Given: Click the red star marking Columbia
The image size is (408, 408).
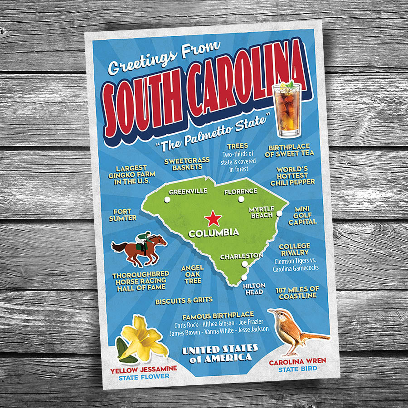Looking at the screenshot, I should [x=213, y=219].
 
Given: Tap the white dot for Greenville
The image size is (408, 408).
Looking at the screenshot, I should [x=167, y=199].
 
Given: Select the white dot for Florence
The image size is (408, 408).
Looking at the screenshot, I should [x=241, y=199].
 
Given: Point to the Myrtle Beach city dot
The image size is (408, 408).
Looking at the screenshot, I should [x=279, y=213].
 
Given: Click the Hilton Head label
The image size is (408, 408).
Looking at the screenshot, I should [x=253, y=289].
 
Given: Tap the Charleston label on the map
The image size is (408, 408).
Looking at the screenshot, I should [x=241, y=256].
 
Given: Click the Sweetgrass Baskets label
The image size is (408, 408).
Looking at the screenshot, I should [x=187, y=164].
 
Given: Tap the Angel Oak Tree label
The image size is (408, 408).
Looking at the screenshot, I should [x=192, y=274].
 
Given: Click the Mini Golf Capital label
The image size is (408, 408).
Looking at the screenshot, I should [x=302, y=216].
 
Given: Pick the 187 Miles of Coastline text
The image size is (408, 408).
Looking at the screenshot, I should [x=297, y=292].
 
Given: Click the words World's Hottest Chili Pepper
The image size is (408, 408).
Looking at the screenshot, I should [x=292, y=176].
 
